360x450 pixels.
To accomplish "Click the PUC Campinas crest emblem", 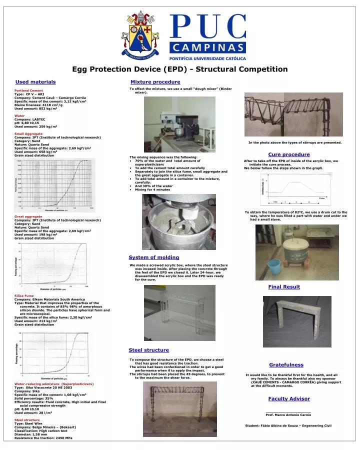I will coord(140,34).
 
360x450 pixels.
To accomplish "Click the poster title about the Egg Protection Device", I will coord(180,69).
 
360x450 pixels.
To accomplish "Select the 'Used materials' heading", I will coord(35,81).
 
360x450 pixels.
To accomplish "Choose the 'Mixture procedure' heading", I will coord(155,81).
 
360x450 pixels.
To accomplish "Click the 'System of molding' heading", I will coord(153,257).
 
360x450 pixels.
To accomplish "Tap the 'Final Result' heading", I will coord(284,286).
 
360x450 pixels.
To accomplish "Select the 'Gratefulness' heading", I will coord(286,364).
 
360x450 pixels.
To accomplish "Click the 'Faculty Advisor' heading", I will coord(288,398).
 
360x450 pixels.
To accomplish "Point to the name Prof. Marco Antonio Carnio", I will coord(288,414).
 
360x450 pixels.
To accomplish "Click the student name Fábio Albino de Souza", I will coord(288,425).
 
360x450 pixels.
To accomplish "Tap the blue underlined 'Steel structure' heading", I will coord(148,350).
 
